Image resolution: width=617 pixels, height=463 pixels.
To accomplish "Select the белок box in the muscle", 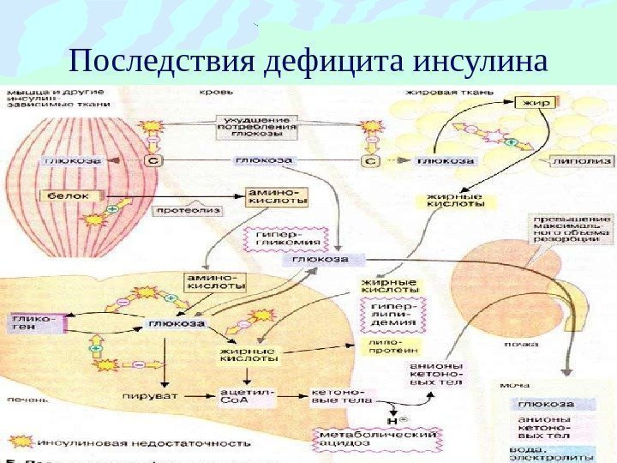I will pyautogui.click(x=69, y=196).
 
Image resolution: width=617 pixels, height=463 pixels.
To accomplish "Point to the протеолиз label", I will pyautogui.click(x=186, y=210).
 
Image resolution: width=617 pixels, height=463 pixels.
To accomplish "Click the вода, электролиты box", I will pyautogui.click(x=558, y=451).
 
